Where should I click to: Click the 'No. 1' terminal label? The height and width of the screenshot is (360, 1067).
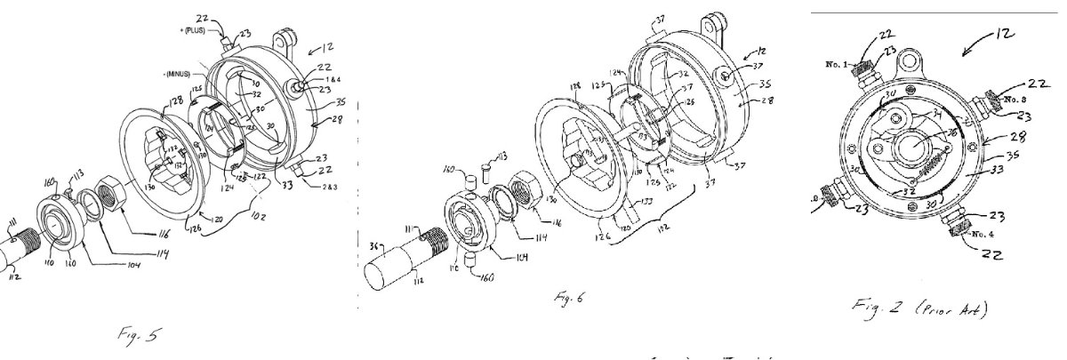(x=838, y=64)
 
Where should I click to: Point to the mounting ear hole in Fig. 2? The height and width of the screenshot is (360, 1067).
(x=906, y=61)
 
